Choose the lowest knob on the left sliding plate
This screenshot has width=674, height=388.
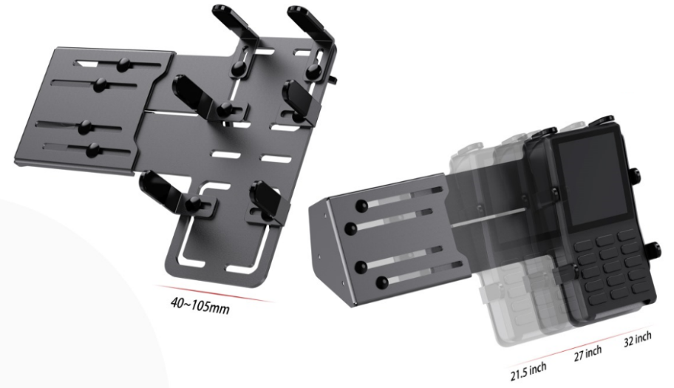coord(93,149)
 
